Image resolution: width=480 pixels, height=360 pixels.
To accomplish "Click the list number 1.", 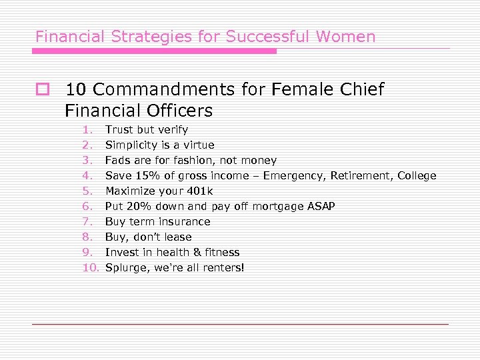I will point(87,129).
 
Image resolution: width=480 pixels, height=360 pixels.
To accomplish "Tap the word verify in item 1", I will point(172,129).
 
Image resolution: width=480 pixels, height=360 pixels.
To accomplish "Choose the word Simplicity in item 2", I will point(130,145).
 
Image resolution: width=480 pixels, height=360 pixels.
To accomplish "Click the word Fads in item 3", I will point(117,160).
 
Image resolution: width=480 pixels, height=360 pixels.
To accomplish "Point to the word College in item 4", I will point(417,175).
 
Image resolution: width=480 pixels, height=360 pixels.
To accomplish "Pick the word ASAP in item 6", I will point(321,206).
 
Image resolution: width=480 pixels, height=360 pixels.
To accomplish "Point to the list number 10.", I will point(90,267).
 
